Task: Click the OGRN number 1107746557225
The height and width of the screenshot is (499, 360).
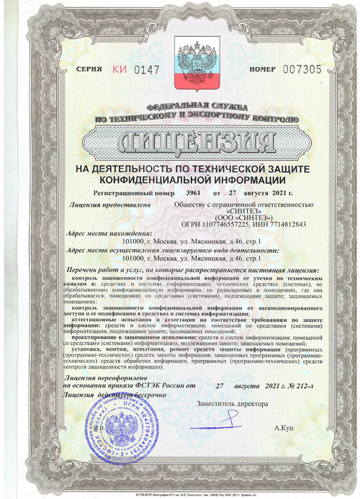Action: pos(220,224)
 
